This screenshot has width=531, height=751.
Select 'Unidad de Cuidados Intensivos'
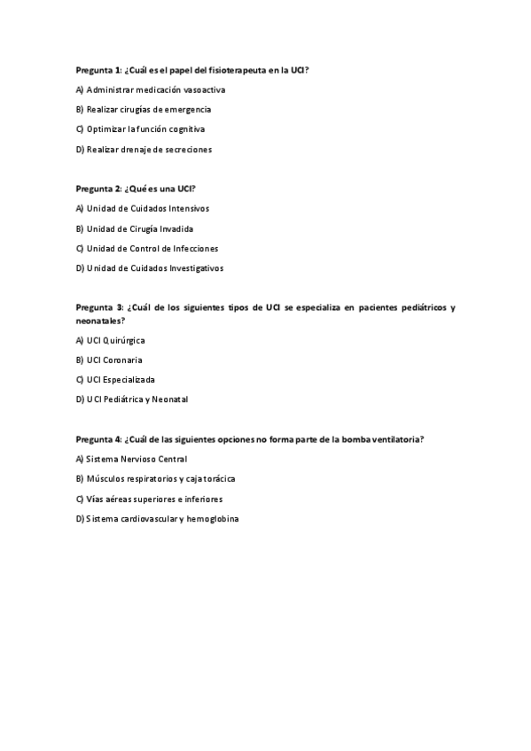coord(147,209)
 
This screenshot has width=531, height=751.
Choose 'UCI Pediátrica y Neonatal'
coord(137,399)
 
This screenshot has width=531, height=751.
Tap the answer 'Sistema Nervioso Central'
coord(137,459)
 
